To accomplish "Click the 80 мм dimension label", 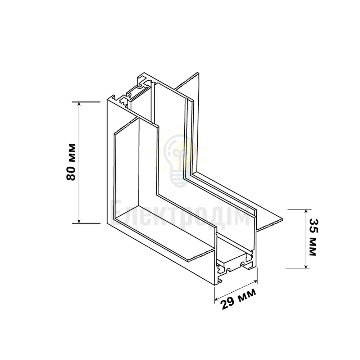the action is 71,162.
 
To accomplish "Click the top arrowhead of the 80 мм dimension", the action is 79,104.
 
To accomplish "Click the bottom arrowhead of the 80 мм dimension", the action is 79,221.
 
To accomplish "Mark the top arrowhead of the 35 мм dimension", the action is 306,211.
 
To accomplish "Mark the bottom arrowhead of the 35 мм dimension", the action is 306,266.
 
